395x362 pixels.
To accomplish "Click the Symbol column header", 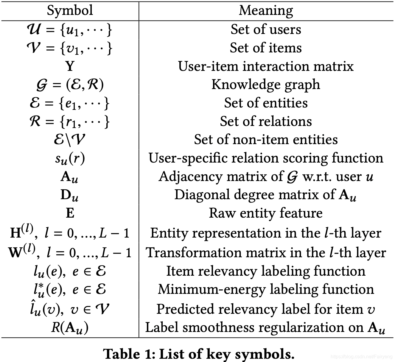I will (70, 11).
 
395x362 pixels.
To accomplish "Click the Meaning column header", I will (266, 11).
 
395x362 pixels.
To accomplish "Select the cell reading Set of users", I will (266, 29).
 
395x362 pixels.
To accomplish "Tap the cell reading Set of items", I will (266, 48).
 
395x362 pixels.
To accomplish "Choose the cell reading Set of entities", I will (266, 103).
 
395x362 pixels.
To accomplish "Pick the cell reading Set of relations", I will (266, 121).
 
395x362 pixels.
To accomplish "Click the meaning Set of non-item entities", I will (266, 140).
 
